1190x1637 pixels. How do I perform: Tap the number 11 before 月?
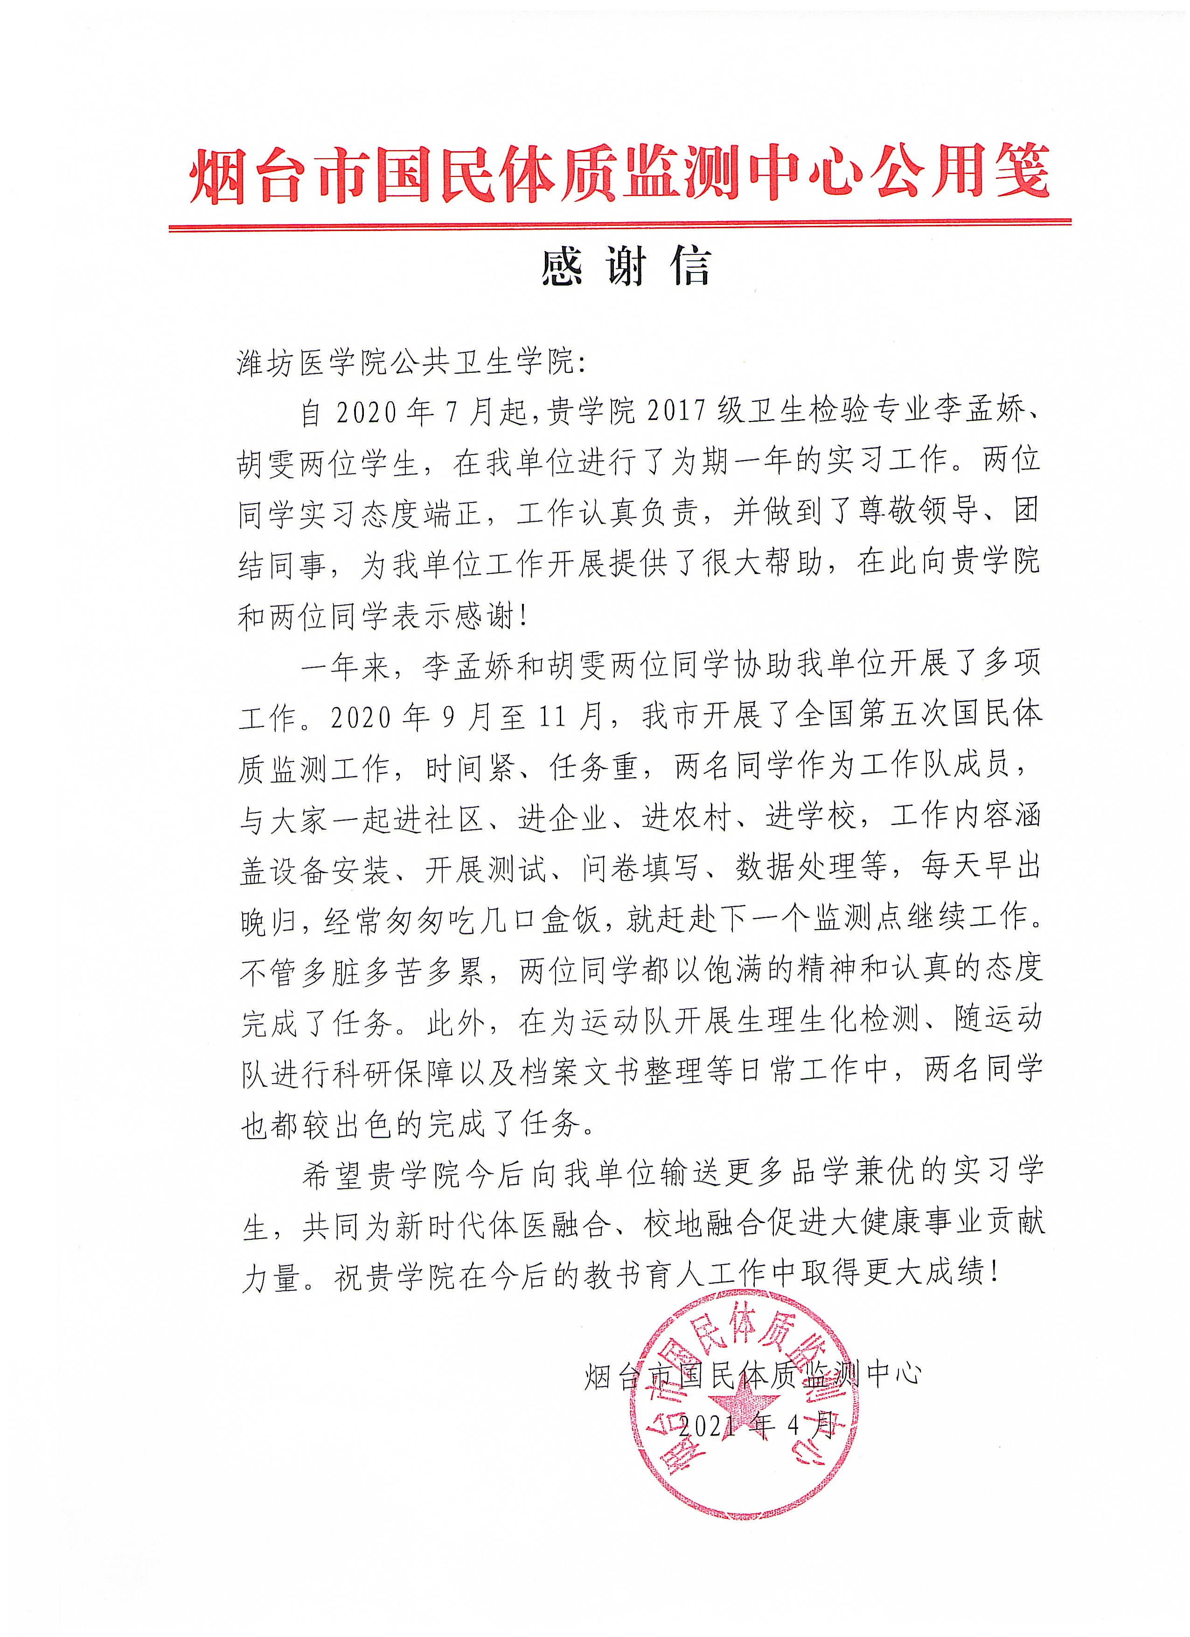click(556, 717)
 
